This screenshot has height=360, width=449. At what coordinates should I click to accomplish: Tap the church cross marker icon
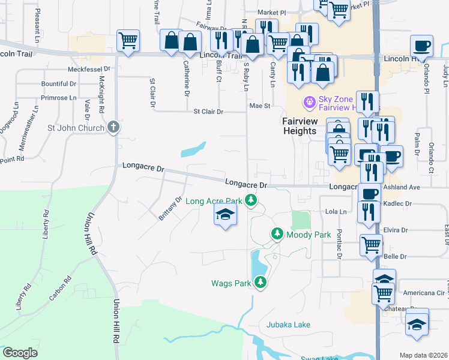tap(114, 127)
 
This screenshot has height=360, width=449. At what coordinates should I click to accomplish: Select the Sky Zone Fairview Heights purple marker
tap(310, 103)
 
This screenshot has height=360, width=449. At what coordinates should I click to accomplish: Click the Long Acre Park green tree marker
tap(253, 200)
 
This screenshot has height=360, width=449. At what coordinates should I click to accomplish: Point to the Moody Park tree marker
tap(277, 234)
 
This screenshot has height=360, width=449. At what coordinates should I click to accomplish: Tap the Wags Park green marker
tap(260, 282)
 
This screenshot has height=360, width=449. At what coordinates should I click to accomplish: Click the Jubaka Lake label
tap(289, 325)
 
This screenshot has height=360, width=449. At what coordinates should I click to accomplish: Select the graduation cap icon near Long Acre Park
tap(225, 215)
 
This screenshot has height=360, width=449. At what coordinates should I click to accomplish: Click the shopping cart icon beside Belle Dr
tap(372, 245)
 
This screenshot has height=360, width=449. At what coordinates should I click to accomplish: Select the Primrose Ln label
tap(59, 97)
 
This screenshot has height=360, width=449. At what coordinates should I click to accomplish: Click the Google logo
tap(20, 353)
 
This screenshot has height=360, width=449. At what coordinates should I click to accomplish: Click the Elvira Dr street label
tap(396, 230)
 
